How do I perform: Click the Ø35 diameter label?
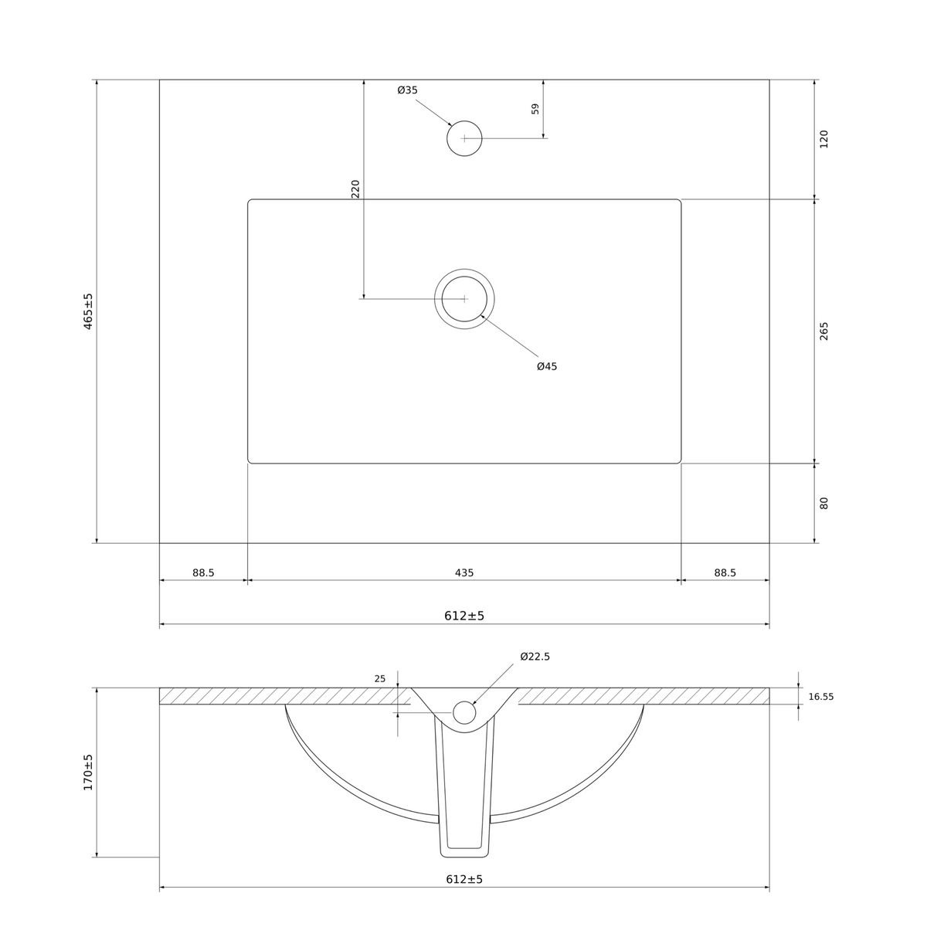pos(407,90)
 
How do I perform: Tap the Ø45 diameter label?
pos(546,366)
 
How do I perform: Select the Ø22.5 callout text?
pos(535,656)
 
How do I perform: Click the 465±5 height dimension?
pos(88,311)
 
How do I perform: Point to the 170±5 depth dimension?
pos(88,772)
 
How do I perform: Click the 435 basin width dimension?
pos(463,572)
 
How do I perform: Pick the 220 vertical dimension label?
pos(355,188)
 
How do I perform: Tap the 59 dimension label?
pos(535,109)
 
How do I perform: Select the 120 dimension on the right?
pos(823,139)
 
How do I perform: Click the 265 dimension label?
pos(823,331)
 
